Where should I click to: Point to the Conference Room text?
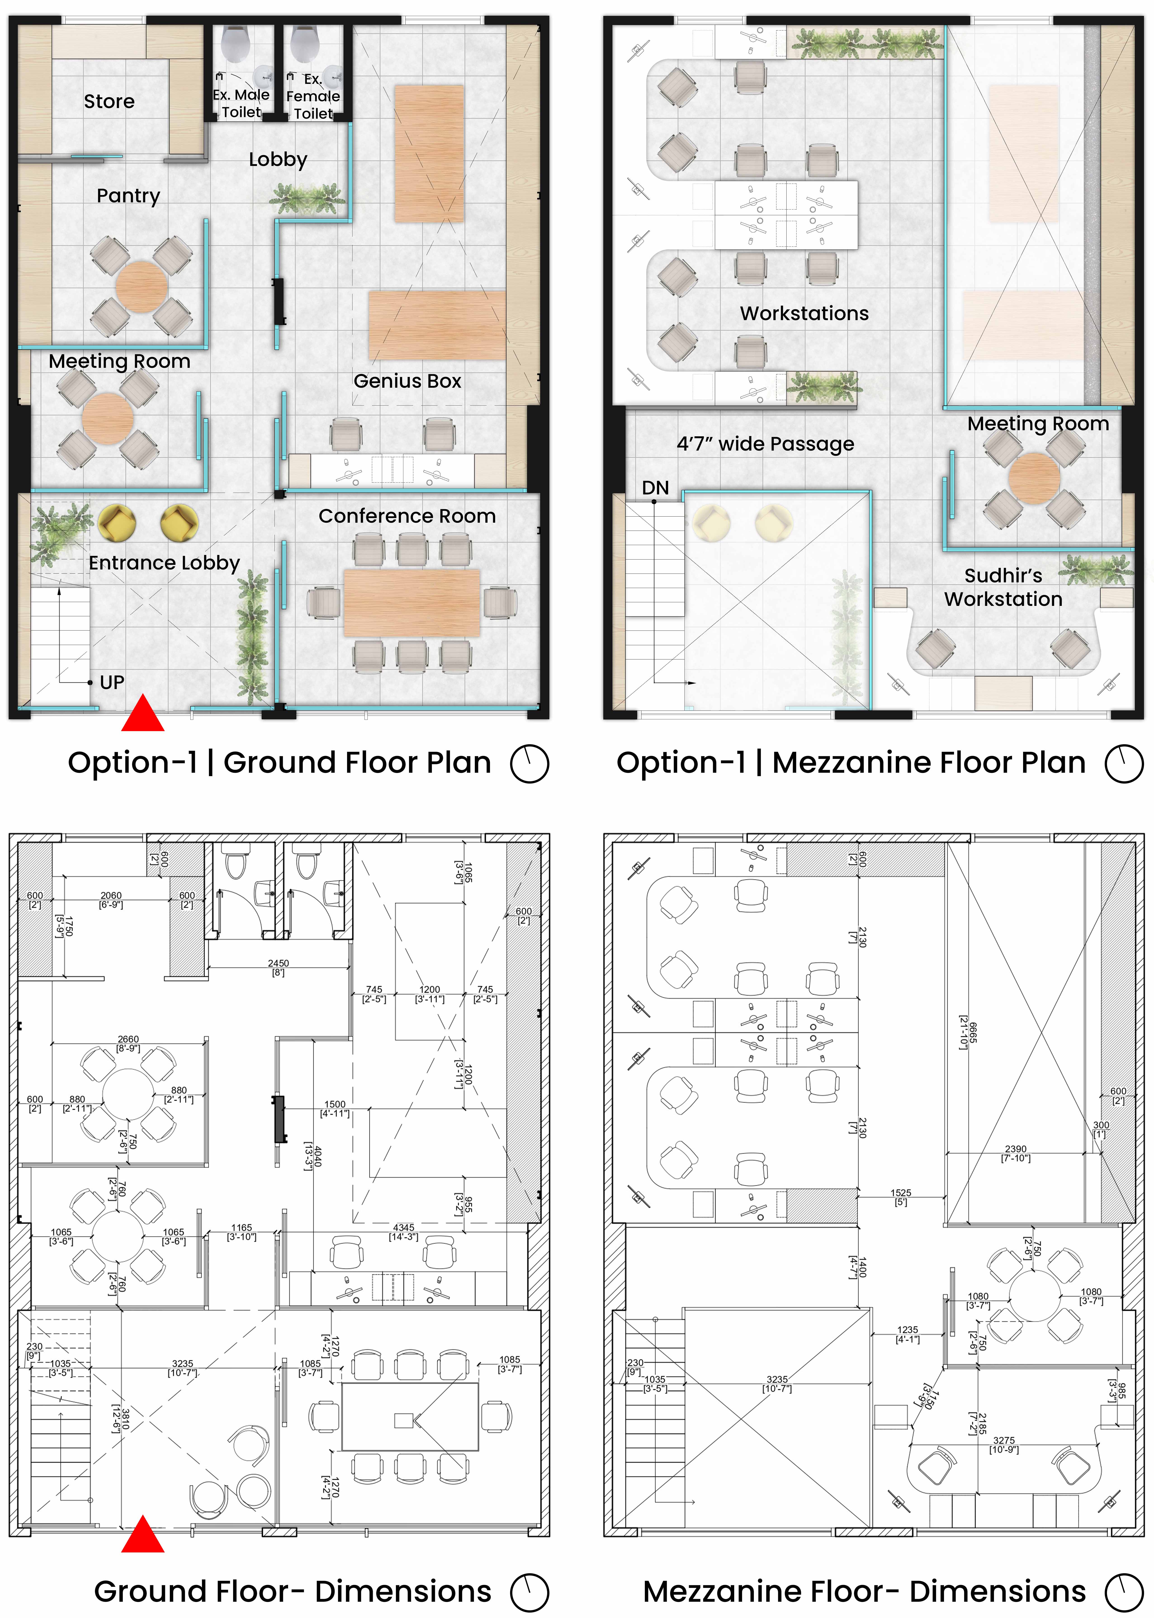407,516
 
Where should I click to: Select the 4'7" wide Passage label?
765,444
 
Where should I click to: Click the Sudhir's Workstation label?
1003,587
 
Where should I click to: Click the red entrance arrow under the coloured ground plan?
143,713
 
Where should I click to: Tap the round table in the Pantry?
141,287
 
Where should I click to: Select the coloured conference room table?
412,602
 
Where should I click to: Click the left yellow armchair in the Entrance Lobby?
116,523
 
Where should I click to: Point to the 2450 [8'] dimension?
279,967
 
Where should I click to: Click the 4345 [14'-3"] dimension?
404,1231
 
